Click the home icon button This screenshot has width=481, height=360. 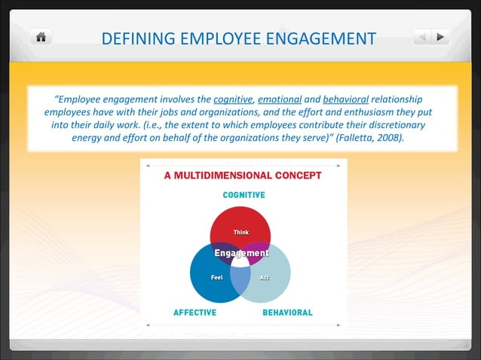click(41, 37)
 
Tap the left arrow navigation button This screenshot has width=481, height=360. click(424, 36)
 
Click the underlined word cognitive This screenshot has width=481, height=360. click(234, 99)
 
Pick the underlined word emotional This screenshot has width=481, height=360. click(280, 99)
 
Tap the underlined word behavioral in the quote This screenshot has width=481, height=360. click(345, 99)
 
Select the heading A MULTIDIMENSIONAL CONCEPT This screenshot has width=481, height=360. click(243, 175)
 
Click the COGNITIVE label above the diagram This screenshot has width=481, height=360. click(243, 194)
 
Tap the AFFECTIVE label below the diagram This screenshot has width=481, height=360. click(195, 312)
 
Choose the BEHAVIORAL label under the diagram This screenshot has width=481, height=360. click(287, 312)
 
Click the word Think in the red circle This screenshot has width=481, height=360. click(241, 232)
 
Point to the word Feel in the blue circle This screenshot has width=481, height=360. click(216, 278)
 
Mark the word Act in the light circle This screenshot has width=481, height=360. click(265, 278)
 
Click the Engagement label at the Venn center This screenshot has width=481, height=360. click(241, 253)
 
